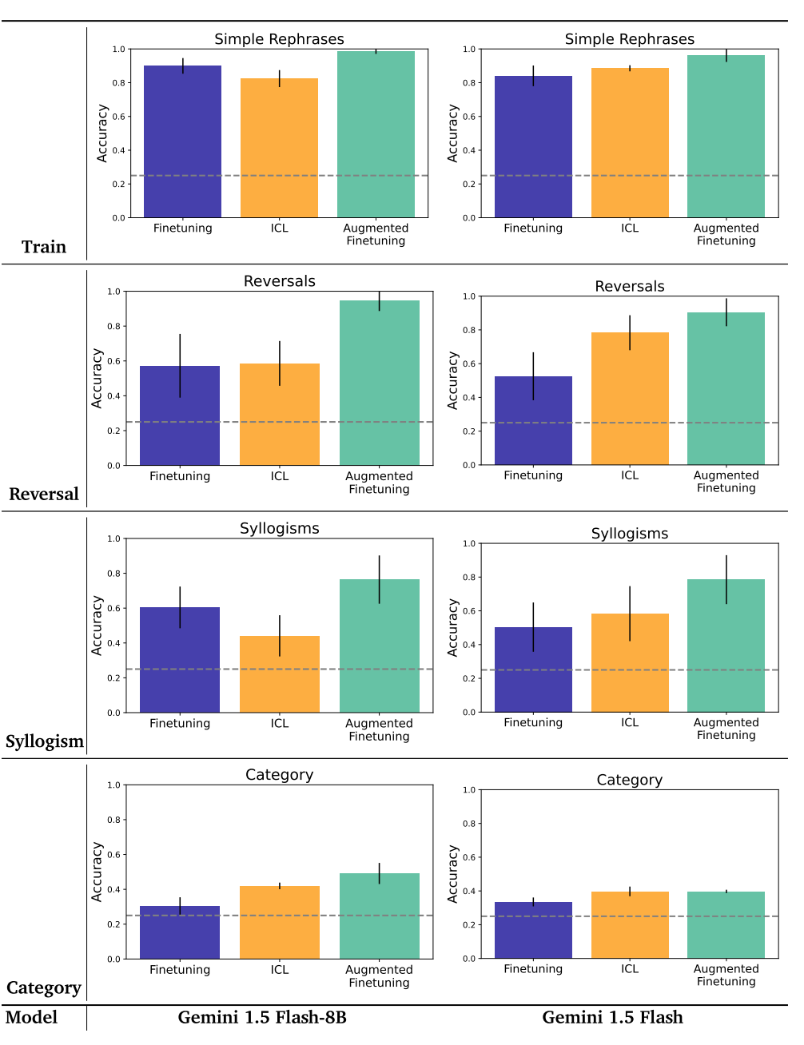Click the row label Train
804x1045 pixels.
coord(44,247)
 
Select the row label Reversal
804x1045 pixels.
coord(44,495)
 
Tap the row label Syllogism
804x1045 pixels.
coord(45,741)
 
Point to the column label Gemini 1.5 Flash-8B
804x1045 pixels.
coord(262,1017)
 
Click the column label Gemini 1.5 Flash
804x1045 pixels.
coord(612,1017)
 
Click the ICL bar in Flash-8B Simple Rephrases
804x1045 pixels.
coord(279,148)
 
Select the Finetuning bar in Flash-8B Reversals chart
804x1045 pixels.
coord(180,415)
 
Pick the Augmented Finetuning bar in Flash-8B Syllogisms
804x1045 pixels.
coord(379,646)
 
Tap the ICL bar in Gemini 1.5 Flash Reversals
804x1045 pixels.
coord(630,399)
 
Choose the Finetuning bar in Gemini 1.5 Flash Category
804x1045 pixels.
coord(533,930)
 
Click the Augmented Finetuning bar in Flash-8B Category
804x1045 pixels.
coord(379,916)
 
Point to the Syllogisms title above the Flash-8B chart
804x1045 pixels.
coord(279,528)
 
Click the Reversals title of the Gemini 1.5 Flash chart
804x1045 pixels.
coord(629,286)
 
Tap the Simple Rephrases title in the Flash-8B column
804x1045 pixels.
coord(279,39)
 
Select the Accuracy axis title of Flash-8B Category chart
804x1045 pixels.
coord(97,872)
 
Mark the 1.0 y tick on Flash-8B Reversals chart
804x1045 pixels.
coord(114,292)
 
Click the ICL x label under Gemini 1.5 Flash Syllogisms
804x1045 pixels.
coord(630,722)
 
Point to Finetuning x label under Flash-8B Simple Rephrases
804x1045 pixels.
coord(182,228)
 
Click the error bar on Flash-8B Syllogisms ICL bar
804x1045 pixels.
coord(280,636)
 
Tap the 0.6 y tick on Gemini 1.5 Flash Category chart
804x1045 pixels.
coord(469,857)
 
